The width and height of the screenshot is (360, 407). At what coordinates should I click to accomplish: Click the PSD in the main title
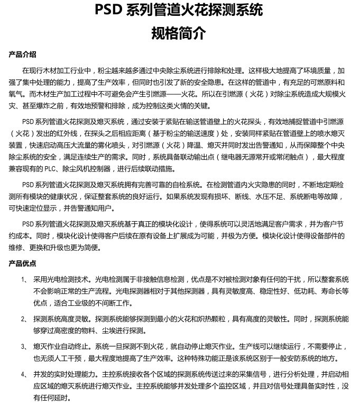click(x=109, y=11)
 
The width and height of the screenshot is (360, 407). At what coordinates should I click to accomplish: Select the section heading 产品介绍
click(x=23, y=54)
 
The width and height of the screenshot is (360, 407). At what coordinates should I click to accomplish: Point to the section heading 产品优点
click(x=23, y=263)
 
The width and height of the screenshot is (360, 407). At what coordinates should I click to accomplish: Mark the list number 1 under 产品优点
click(x=23, y=278)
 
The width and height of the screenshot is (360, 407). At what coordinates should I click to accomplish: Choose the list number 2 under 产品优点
click(x=23, y=319)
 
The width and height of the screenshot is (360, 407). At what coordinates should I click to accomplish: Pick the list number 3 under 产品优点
click(x=23, y=347)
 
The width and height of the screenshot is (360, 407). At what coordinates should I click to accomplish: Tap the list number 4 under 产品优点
click(x=23, y=374)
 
